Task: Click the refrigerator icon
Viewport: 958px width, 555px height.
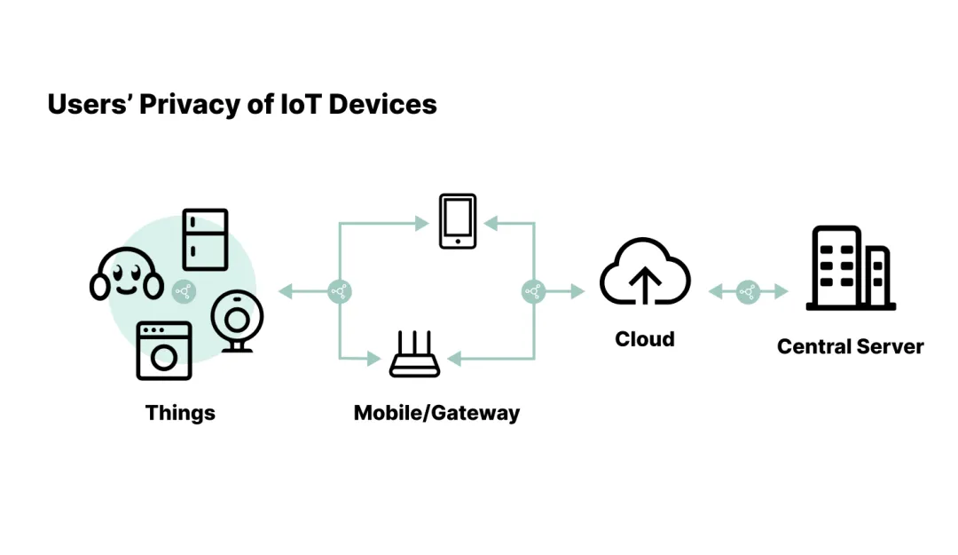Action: (x=205, y=240)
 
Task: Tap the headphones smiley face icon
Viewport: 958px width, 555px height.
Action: (x=127, y=276)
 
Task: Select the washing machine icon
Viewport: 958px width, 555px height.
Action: (x=164, y=351)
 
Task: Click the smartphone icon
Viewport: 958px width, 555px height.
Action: (x=458, y=221)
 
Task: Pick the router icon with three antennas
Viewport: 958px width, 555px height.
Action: (x=415, y=354)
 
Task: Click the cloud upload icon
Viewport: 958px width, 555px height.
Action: (x=645, y=274)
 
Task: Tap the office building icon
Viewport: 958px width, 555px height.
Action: (x=850, y=268)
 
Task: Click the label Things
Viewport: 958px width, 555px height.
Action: (x=180, y=413)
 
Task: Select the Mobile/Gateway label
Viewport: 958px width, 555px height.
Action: (x=436, y=413)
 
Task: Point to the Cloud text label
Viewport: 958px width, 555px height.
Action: (x=645, y=339)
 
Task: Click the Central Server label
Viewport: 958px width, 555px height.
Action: (x=850, y=346)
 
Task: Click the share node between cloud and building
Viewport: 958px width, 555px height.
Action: (x=748, y=290)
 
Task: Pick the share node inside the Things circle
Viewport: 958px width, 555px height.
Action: (x=184, y=290)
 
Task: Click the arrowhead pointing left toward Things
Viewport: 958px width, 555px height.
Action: (x=285, y=290)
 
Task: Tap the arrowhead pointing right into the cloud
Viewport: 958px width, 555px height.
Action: (x=578, y=290)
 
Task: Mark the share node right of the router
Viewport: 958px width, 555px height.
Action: (x=533, y=290)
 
